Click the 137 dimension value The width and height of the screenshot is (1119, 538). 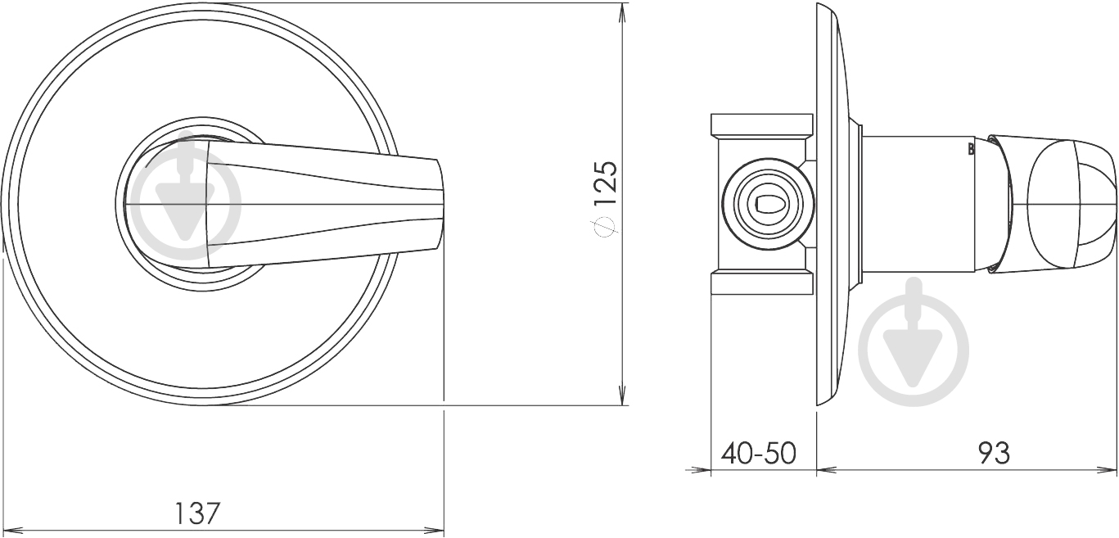point(197,513)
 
